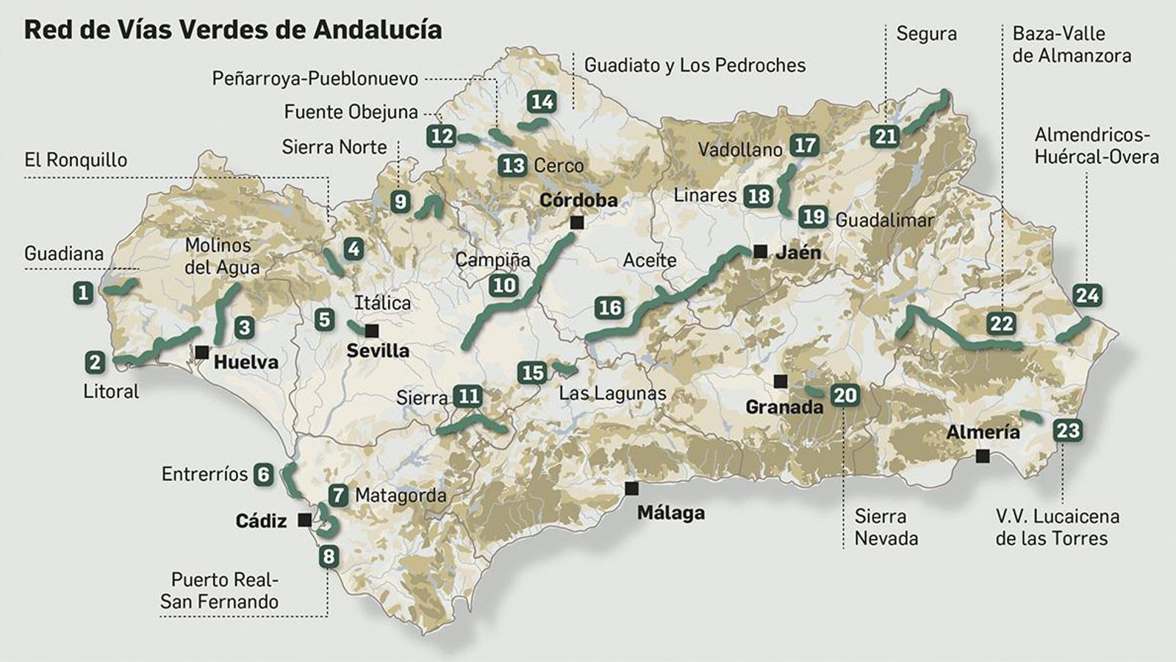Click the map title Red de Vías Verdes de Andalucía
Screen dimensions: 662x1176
[x=233, y=29]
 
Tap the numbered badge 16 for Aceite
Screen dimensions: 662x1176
[x=610, y=307]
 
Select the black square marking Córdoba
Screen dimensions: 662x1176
[x=577, y=222]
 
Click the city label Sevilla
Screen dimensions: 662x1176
[x=378, y=350]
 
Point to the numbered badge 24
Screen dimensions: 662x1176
[x=1087, y=296]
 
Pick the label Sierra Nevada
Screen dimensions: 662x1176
[x=886, y=527]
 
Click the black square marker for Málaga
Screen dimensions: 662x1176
[x=631, y=488]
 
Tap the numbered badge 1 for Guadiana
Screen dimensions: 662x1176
[x=83, y=293]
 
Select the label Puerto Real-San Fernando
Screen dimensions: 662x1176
[x=219, y=591]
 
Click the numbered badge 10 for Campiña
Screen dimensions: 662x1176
[x=504, y=285]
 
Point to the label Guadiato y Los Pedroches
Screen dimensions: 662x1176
[x=695, y=65]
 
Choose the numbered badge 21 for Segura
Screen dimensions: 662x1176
[x=886, y=136]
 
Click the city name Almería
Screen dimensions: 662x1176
[x=983, y=432]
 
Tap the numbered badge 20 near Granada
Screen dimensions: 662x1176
[x=845, y=396]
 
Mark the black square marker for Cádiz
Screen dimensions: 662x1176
[x=304, y=521]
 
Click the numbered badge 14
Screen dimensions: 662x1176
[x=542, y=102]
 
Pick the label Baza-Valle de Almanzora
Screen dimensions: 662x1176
[x=1071, y=44]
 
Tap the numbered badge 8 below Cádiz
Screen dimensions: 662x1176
[x=329, y=557]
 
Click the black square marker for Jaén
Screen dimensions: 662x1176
[x=760, y=252]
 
